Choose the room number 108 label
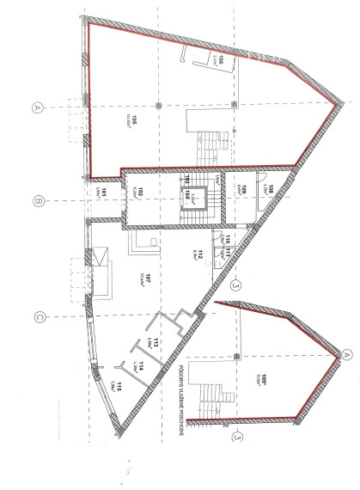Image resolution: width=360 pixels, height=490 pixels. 271,188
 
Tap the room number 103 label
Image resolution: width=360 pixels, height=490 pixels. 182,180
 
